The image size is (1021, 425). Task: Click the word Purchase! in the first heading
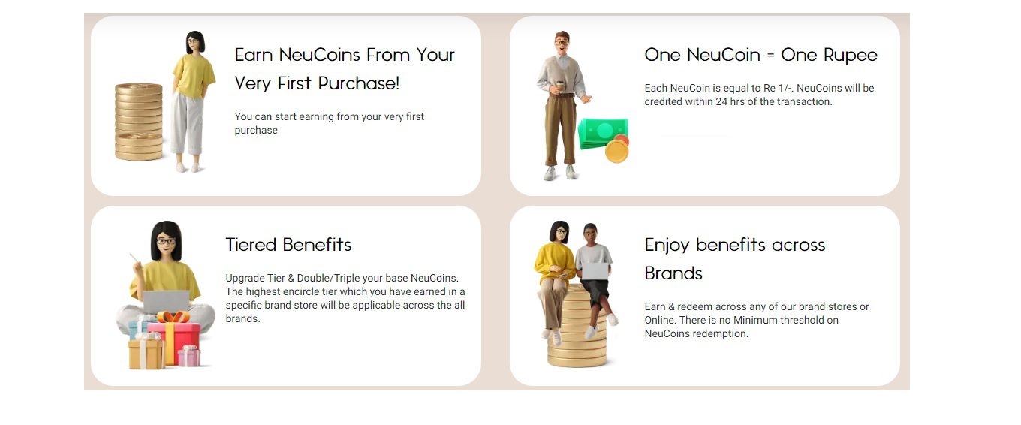pos(358,83)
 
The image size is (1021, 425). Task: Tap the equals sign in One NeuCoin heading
pos(770,55)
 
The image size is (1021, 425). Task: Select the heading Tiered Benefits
pos(288,245)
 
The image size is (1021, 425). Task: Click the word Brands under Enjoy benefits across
pos(673,273)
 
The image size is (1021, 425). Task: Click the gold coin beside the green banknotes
pos(616,151)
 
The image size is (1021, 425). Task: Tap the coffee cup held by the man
pos(559,86)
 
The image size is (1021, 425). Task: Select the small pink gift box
pos(188,356)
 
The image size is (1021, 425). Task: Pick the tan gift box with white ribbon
pos(146,354)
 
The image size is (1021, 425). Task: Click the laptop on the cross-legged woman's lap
pos(166,302)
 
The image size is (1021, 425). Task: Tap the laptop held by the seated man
pos(595,271)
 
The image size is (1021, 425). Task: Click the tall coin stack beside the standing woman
pos(139,122)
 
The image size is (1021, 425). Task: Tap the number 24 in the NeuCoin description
pos(721,101)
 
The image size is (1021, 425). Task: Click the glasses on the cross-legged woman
pos(166,241)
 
